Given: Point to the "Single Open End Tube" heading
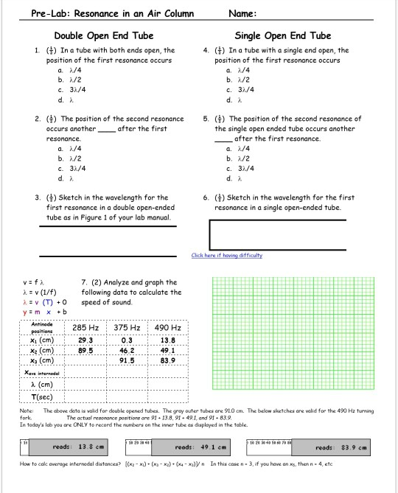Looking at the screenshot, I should tap(282, 35).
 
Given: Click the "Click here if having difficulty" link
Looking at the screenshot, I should tap(226, 255).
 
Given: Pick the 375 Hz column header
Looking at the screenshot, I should tap(130, 327).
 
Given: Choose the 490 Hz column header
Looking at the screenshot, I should tap(168, 327).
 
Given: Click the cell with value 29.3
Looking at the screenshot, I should tap(85, 340).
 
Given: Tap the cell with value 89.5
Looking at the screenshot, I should tap(85, 351).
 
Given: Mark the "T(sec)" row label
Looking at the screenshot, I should tap(41, 396).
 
